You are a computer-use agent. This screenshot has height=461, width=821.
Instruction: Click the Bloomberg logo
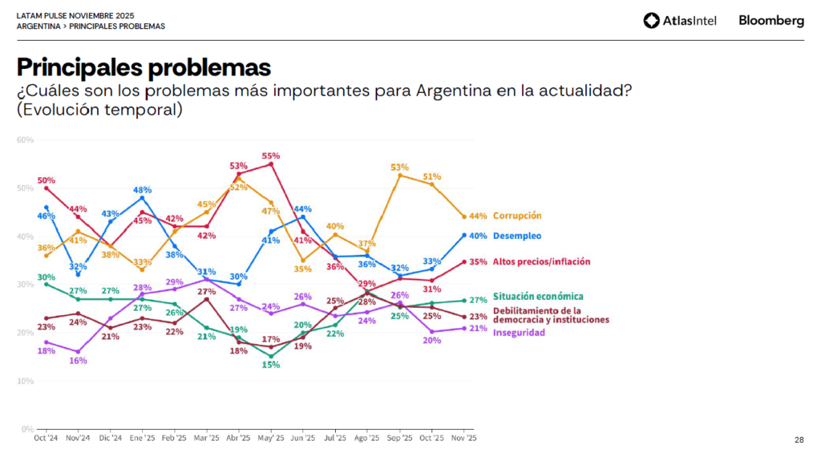[x=770, y=21]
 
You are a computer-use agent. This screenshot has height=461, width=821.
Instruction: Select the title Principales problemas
[x=144, y=67]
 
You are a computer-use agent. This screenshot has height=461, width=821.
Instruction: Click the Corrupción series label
[x=517, y=216]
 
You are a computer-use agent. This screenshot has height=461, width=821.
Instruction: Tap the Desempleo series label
[x=516, y=236]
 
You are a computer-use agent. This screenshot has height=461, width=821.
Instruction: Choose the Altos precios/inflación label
[x=541, y=261]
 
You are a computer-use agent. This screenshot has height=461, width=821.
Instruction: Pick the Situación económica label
[x=538, y=297]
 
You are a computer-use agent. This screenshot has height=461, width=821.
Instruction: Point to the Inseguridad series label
[x=519, y=332]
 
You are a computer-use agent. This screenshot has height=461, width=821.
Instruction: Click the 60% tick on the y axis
[x=25, y=140]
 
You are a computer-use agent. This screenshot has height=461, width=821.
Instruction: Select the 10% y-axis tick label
[x=25, y=381]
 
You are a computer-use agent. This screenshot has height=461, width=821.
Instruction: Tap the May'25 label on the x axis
[x=271, y=438]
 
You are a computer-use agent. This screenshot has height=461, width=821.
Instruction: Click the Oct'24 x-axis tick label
[x=46, y=438]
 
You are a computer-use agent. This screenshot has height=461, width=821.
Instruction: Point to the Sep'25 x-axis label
[x=399, y=438]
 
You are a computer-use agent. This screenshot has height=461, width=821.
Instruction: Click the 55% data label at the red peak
[x=271, y=156]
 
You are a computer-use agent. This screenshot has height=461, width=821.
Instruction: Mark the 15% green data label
[x=271, y=366]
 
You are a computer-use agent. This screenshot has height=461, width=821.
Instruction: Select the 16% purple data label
[x=77, y=361]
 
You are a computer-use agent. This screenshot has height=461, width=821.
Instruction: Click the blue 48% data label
[x=142, y=190]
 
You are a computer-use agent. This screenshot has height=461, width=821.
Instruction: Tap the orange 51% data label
[x=432, y=176]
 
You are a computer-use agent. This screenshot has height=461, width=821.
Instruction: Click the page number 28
[x=799, y=439]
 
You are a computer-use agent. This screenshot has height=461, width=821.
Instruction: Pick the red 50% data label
[x=46, y=180]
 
